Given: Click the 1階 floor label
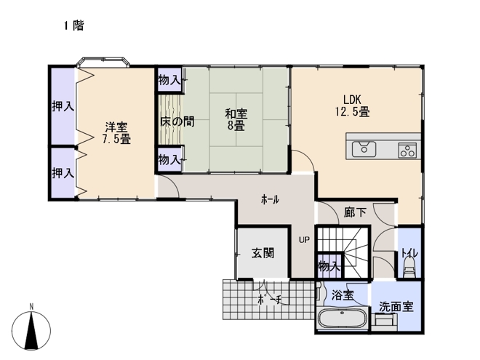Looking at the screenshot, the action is (x=73, y=25).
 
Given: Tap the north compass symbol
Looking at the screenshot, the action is (x=31, y=328).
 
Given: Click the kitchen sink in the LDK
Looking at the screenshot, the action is (x=364, y=149).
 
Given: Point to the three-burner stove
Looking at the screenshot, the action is (x=407, y=150).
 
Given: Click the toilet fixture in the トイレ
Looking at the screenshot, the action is (x=409, y=267).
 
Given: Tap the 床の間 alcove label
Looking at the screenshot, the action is (x=177, y=121).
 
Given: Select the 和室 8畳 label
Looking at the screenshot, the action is (x=236, y=120).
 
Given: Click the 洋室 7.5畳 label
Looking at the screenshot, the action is (x=116, y=133).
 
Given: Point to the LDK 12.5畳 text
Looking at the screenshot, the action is (x=352, y=105).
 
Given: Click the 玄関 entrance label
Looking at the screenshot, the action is (x=263, y=253).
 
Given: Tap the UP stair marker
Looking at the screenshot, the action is (x=304, y=240).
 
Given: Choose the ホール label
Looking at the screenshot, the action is (x=270, y=199).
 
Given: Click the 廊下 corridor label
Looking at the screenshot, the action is (x=355, y=212).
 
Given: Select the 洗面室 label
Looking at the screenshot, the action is (x=396, y=306).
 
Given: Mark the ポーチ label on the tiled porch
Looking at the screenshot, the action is (x=269, y=299).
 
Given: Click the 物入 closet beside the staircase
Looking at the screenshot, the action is (x=329, y=266).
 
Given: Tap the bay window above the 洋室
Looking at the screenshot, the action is (x=103, y=62).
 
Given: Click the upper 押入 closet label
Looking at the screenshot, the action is (x=63, y=106).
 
